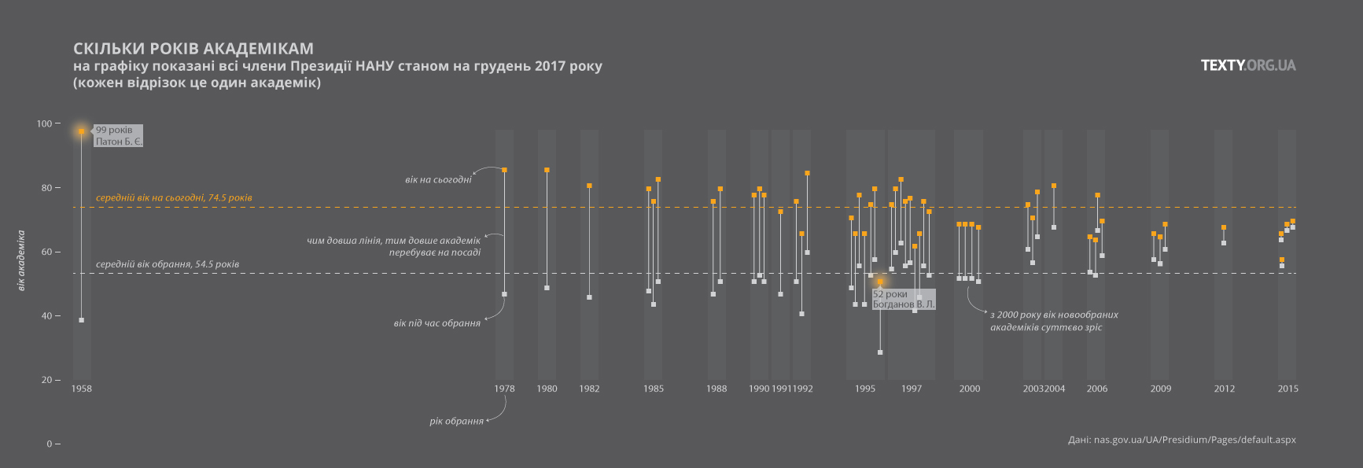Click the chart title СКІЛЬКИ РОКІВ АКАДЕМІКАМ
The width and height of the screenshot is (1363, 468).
pos(193,49)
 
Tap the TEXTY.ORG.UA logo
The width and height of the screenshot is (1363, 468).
pos(1248,65)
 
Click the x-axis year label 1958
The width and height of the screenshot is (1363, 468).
pos(82,389)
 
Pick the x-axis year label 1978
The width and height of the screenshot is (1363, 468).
pos(505,389)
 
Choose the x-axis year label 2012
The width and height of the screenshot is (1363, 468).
pos(1224,389)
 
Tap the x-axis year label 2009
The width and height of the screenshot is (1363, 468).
pos(1161,389)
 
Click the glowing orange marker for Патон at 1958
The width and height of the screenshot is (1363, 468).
pos(81,131)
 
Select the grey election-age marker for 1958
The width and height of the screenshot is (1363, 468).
pos(81,320)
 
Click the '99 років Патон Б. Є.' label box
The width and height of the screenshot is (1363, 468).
pos(119,136)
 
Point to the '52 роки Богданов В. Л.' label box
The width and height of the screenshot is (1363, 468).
pos(904,300)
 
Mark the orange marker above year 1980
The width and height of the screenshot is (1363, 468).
pos(547,170)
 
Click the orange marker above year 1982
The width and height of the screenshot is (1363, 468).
pos(589,186)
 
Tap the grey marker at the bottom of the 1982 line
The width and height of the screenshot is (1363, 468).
pos(589,297)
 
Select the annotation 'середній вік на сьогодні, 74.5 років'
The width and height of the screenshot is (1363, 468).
pos(174,198)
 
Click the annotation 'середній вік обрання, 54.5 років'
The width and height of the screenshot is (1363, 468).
pos(168,264)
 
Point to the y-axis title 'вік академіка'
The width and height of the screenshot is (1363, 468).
pos(21,260)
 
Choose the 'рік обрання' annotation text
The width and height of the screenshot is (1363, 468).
pos(456,422)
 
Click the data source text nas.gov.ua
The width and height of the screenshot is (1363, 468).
pos(1182,440)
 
